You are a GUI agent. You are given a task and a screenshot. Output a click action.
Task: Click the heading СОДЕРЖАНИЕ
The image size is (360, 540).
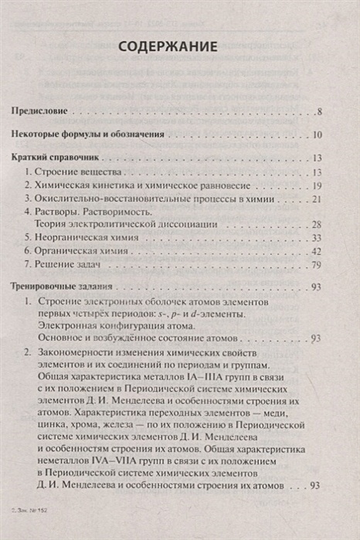(179, 49)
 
